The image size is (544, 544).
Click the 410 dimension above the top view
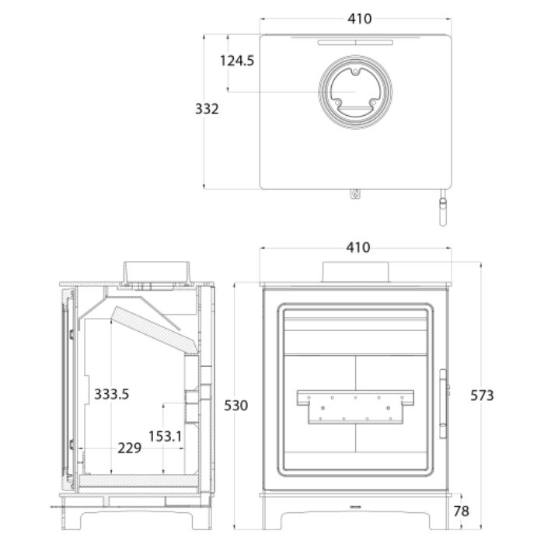pyautogui.click(x=359, y=19)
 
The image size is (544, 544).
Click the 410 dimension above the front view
pyautogui.click(x=358, y=248)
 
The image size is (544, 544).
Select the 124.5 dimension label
pyautogui.click(x=237, y=61)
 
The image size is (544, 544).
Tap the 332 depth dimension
pyautogui.click(x=207, y=109)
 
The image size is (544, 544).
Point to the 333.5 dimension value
pyautogui.click(x=111, y=394)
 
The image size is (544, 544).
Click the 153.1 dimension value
pyautogui.click(x=165, y=437)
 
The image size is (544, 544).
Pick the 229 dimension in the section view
pyautogui.click(x=130, y=448)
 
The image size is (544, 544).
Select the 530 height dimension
pyautogui.click(x=236, y=405)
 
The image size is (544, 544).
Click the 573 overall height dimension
pyautogui.click(x=482, y=396)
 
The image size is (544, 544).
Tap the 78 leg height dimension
pyautogui.click(x=461, y=511)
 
